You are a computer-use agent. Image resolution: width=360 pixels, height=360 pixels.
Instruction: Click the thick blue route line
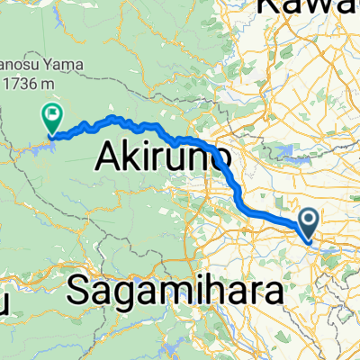tap(270, 215)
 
